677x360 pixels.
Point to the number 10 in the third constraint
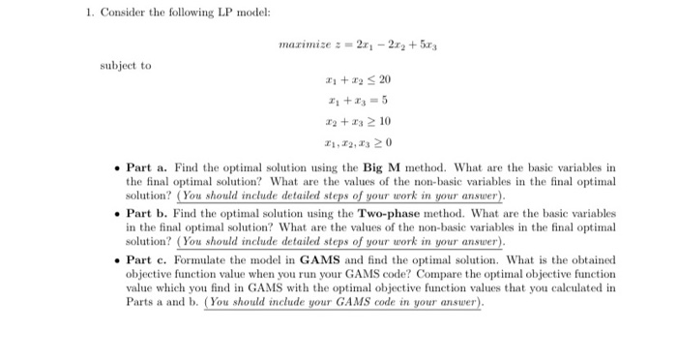[385, 123]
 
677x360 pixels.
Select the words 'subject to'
[126, 66]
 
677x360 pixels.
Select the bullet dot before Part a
[116, 168]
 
